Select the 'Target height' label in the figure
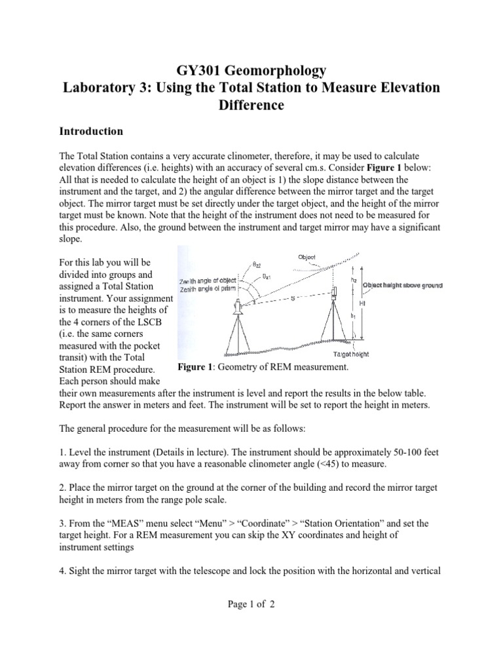point(351,354)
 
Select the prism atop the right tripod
point(334,290)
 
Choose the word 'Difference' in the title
point(251,105)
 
